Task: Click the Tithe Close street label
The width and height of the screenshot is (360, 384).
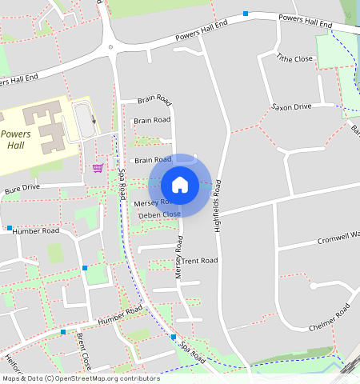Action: pyautogui.click(x=295, y=58)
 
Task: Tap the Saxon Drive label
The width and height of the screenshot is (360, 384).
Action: pyautogui.click(x=290, y=106)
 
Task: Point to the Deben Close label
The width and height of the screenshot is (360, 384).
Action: pyautogui.click(x=159, y=214)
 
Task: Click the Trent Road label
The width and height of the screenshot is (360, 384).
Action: pyautogui.click(x=199, y=261)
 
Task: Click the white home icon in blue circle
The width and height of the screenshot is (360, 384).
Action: pyautogui.click(x=180, y=185)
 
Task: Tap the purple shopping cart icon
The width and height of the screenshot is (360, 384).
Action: pyautogui.click(x=98, y=167)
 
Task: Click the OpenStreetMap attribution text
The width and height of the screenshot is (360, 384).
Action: pyautogui.click(x=80, y=378)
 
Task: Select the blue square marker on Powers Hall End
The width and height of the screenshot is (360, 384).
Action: pyautogui.click(x=246, y=14)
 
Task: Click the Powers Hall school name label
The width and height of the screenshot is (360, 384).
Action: pyautogui.click(x=16, y=141)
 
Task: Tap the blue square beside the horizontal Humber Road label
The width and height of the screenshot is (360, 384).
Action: pyautogui.click(x=10, y=228)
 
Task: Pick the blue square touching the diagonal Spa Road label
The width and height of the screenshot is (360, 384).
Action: pyautogui.click(x=173, y=338)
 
